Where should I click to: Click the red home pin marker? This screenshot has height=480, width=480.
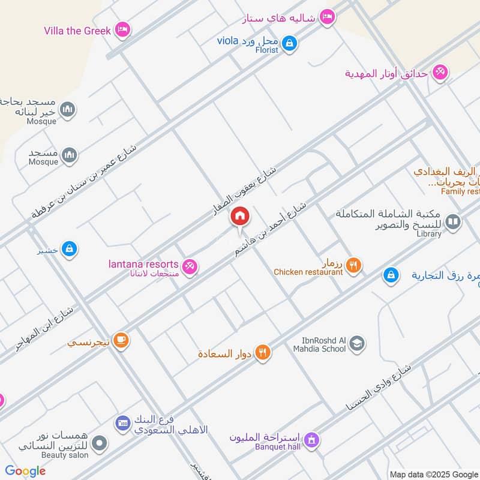(240, 216)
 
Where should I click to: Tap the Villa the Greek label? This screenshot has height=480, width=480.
(77, 30)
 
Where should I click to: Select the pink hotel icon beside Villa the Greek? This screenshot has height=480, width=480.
(122, 29)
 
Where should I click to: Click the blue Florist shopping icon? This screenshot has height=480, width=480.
(289, 43)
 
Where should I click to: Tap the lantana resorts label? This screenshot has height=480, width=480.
(143, 264)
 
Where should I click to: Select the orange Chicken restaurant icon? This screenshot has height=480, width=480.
(354, 264)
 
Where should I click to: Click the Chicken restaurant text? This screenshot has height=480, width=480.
(308, 272)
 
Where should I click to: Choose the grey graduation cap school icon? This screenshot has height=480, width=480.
(357, 344)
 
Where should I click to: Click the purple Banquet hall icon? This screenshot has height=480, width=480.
(311, 440)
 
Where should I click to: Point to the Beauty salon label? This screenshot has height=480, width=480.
(65, 455)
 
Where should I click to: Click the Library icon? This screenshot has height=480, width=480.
(454, 223)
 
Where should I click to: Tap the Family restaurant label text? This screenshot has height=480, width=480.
(460, 191)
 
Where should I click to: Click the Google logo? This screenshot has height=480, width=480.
(25, 471)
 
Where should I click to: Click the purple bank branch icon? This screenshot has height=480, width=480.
(122, 423)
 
